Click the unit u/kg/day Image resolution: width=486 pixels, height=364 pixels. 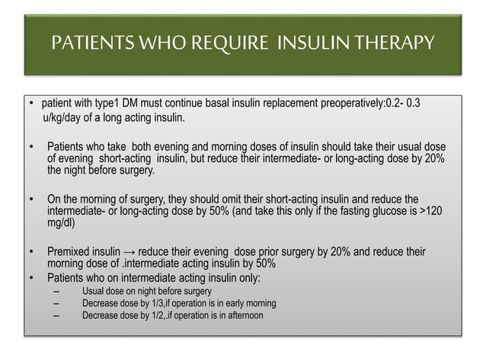64,118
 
